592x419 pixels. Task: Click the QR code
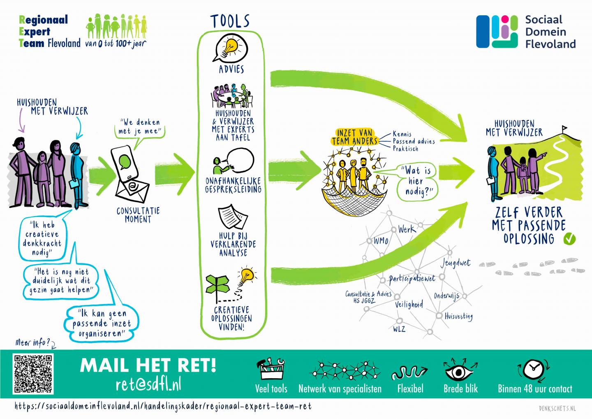click(33, 374)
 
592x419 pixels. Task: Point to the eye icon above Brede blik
click(460, 370)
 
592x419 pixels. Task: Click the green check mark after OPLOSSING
click(570, 238)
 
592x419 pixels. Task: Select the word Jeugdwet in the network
click(455, 263)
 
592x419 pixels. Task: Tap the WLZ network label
click(399, 329)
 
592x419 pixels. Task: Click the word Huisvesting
click(458, 317)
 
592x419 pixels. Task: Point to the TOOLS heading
click(230, 21)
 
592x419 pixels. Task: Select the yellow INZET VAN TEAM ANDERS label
click(354, 137)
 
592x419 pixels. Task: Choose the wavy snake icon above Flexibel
click(409, 373)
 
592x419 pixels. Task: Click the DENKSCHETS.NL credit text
click(557, 408)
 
